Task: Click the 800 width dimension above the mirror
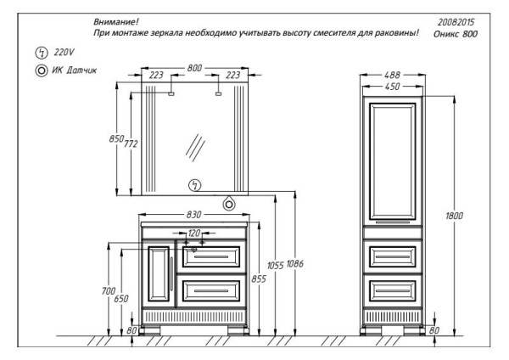point(195,65)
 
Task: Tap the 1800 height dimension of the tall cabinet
point(455,217)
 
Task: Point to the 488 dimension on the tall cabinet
point(391,75)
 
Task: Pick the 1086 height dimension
point(294,265)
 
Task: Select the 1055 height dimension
point(273,265)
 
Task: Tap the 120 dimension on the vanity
point(194,232)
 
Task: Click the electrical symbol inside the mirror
point(194,185)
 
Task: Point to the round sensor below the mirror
point(228,203)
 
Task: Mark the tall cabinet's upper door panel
point(391,157)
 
